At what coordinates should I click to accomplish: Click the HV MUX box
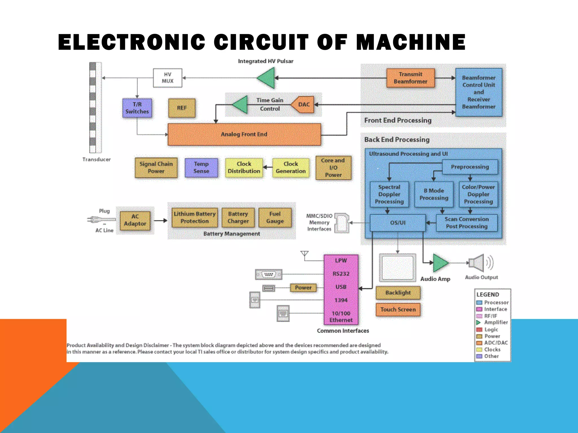click(x=168, y=78)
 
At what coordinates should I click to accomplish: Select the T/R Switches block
click(x=137, y=108)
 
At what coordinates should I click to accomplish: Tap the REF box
click(x=182, y=108)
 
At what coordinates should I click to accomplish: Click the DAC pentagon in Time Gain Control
click(x=303, y=105)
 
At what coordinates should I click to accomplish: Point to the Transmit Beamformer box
click(x=410, y=78)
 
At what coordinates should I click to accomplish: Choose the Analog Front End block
click(x=244, y=134)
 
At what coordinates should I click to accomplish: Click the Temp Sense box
click(x=201, y=168)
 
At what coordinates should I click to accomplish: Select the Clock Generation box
click(x=291, y=168)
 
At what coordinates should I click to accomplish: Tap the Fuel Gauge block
click(x=275, y=218)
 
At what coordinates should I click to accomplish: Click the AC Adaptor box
click(x=135, y=220)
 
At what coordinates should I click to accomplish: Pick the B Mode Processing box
click(x=434, y=195)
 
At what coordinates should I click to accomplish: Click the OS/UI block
click(x=398, y=223)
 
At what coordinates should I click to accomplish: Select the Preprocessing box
click(x=470, y=167)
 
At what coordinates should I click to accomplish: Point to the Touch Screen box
click(x=398, y=310)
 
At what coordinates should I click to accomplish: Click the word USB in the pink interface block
click(x=341, y=287)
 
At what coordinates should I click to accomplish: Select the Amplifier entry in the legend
click(x=496, y=322)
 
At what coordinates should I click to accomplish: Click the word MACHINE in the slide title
click(x=411, y=42)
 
